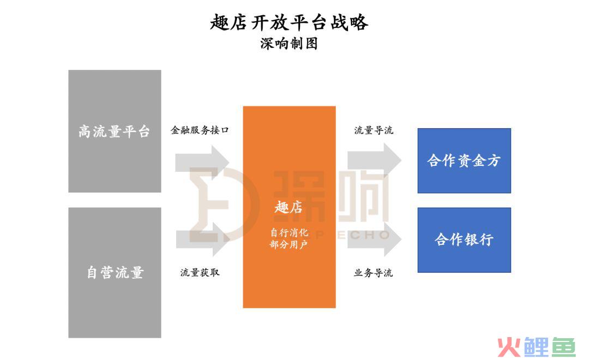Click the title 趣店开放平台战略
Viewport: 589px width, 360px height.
click(x=289, y=22)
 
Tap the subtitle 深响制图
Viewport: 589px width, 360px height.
click(x=289, y=44)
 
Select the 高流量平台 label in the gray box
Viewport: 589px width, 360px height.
click(x=114, y=131)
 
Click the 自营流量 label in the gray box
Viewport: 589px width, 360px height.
click(x=115, y=272)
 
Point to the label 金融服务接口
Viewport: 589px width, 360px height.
click(x=200, y=130)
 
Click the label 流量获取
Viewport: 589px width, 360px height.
click(x=200, y=272)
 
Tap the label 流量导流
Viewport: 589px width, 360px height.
click(x=374, y=130)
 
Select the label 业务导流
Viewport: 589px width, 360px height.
click(x=373, y=272)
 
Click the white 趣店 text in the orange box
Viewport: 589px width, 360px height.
click(x=289, y=207)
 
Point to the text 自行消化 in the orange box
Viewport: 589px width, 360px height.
click(x=289, y=232)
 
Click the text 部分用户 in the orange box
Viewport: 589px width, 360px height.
click(x=289, y=244)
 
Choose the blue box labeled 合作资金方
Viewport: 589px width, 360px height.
click(x=464, y=161)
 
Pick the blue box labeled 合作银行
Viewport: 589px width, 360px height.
click(x=464, y=240)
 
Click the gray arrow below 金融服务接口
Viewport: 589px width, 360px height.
click(x=202, y=163)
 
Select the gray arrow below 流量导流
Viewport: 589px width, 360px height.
click(x=374, y=160)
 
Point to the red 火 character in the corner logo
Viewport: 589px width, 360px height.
click(x=509, y=347)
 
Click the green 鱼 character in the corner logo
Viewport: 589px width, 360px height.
click(x=563, y=347)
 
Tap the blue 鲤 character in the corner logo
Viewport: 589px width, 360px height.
click(x=537, y=347)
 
